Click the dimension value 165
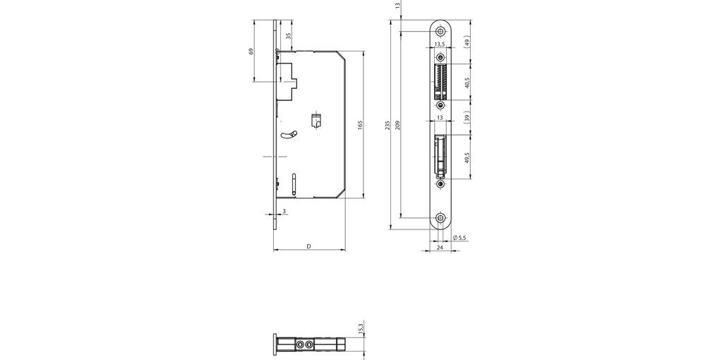point(359,124)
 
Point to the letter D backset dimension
point(309,246)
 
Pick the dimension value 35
point(288,36)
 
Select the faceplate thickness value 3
point(284,211)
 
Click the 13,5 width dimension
point(439,44)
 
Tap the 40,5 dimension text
point(467,83)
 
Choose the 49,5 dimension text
point(467,157)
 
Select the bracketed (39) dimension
point(467,117)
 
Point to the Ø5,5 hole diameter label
point(459,238)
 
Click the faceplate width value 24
point(440,248)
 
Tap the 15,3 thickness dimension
point(360,329)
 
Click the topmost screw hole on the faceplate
point(440,31)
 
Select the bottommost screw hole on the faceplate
point(440,218)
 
